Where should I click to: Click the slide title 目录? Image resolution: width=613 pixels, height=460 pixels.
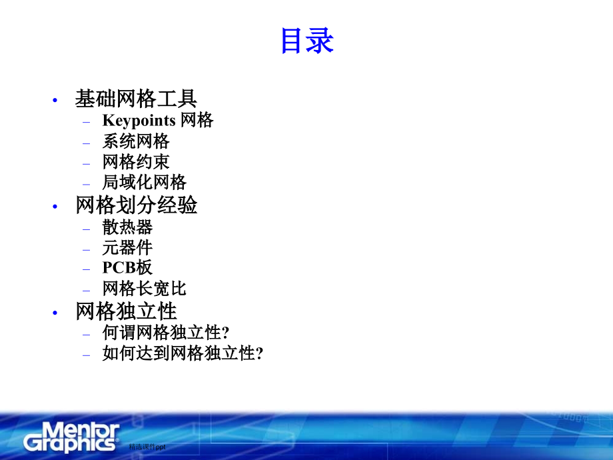point(306,41)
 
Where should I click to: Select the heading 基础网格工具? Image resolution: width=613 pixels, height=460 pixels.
point(136,99)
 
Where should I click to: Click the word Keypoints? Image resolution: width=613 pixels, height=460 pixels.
point(139,121)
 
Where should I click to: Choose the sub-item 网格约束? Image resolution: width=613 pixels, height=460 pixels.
point(136,161)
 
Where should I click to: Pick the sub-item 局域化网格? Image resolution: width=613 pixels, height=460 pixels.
point(145,182)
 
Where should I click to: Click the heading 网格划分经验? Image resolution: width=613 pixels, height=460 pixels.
point(137,205)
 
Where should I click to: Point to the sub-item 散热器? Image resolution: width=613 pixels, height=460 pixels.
point(127,227)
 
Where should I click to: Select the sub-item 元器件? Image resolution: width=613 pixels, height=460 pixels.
point(127,247)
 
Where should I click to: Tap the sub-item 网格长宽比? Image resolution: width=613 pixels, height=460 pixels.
point(145,289)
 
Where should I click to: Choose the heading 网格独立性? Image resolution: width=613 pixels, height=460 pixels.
point(127,311)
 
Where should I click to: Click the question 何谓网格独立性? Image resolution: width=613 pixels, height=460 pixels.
point(166,333)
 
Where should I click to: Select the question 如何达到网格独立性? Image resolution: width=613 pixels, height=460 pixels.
point(183,353)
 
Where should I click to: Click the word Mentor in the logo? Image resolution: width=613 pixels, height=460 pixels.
point(72,429)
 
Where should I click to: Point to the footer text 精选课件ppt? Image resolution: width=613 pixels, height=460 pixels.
point(147,447)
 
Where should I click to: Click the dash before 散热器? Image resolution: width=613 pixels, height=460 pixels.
point(86,228)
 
